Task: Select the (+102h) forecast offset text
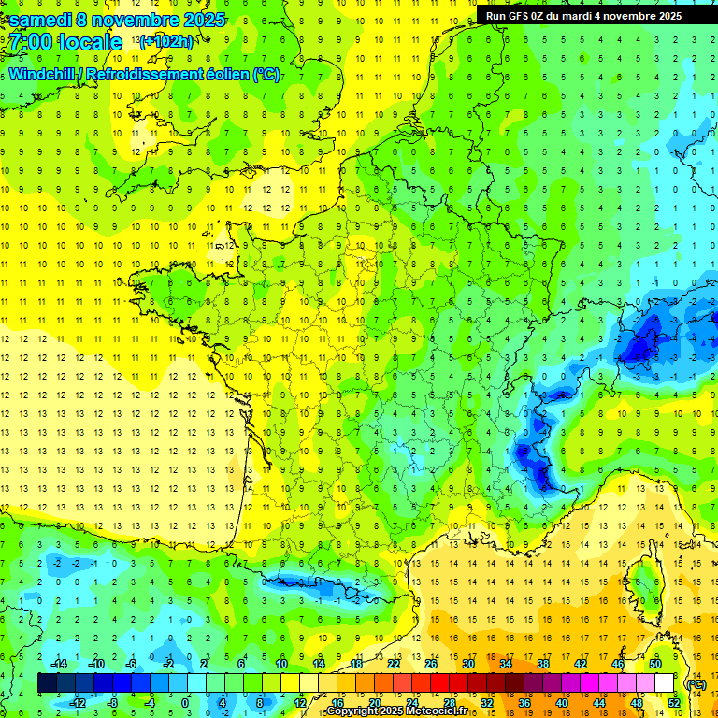pos(166,41)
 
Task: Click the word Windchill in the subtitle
pos(43,74)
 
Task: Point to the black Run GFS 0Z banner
pos(583,15)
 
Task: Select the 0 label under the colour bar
pos(185,703)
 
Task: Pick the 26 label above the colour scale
pos(431,664)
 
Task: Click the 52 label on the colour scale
pos(674,703)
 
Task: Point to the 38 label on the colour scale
pos(542,664)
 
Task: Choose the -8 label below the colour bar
pos(112,703)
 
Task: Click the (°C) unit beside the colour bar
pos(695,683)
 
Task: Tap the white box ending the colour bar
pos(665,683)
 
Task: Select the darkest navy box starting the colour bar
pos(48,683)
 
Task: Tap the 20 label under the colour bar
pos(375,703)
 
